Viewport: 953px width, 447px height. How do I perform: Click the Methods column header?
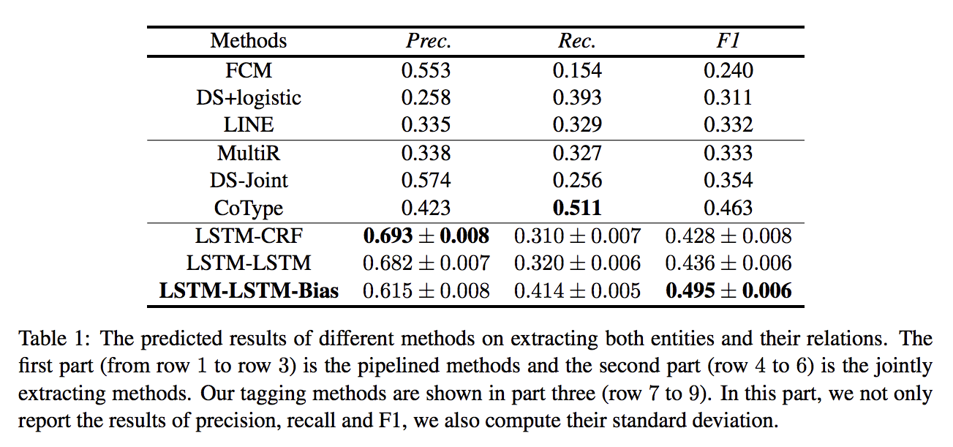tap(249, 40)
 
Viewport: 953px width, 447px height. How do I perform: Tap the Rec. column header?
tap(577, 40)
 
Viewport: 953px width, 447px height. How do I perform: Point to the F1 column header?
tap(728, 40)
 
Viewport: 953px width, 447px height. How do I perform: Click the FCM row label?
tap(249, 71)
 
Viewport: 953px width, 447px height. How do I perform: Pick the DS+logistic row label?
tap(249, 97)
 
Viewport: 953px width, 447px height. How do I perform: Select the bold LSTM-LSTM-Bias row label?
tap(249, 290)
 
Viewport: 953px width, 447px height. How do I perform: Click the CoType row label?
tap(249, 208)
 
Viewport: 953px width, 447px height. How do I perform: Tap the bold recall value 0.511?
tap(577, 208)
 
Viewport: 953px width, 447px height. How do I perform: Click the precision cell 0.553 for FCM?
tap(426, 71)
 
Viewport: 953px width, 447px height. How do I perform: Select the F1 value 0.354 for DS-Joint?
tap(728, 181)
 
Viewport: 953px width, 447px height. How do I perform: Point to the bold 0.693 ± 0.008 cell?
tap(426, 236)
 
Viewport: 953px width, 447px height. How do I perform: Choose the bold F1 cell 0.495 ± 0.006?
tap(728, 290)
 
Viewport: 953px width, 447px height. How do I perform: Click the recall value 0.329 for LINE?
tap(577, 124)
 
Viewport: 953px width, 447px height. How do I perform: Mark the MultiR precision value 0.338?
tap(426, 153)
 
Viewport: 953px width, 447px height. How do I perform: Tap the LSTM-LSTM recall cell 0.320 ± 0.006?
tap(577, 263)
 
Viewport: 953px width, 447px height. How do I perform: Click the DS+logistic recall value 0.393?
tap(577, 97)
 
